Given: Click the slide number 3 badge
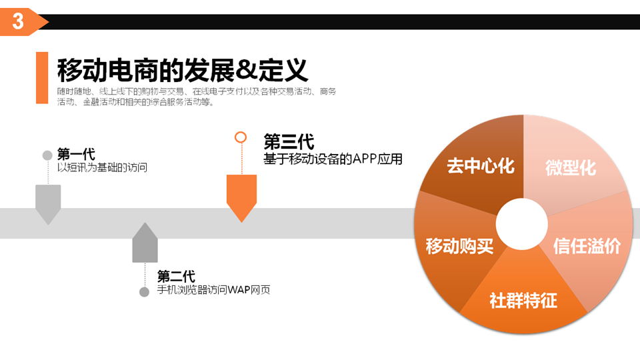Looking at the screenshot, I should [x=19, y=22].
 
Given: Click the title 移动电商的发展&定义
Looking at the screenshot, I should [x=181, y=70].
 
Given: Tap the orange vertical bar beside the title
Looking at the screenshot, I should [x=42, y=78].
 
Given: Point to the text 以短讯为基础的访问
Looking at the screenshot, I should [x=102, y=167].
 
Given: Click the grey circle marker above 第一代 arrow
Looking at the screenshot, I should [x=47, y=155].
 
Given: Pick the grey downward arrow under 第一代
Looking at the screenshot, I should [x=48, y=203].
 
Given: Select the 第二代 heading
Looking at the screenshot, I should [x=176, y=277].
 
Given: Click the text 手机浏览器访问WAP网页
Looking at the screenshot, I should [x=213, y=290].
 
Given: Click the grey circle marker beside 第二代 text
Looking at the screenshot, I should [x=144, y=292].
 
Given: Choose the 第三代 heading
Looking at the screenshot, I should [x=289, y=142].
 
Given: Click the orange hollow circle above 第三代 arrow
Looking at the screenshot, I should [x=241, y=137].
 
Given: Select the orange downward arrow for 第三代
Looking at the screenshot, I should [x=241, y=196].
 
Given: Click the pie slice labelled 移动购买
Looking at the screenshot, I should [x=459, y=246].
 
